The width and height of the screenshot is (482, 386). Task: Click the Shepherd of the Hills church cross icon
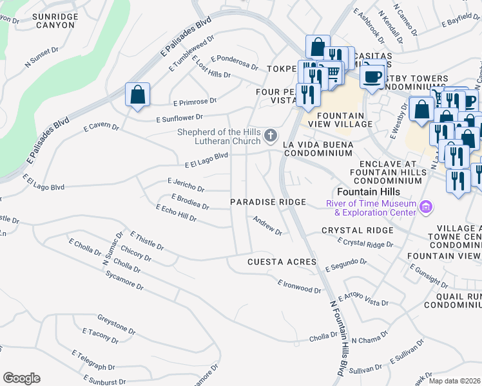click(x=271, y=136)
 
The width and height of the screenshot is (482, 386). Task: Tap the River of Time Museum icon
click(x=425, y=207)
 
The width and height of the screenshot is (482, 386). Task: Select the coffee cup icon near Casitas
click(x=372, y=77)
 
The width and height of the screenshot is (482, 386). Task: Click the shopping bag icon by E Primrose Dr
click(x=137, y=95)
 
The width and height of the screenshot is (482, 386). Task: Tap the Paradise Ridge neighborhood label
click(x=268, y=202)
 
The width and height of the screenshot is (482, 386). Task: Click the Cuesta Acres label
click(x=282, y=262)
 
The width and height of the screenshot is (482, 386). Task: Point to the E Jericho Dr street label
click(x=186, y=185)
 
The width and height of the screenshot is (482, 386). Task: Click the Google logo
click(x=21, y=378)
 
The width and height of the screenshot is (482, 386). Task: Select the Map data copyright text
click(x=454, y=381)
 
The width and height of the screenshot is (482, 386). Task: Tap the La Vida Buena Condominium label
click(x=318, y=149)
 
